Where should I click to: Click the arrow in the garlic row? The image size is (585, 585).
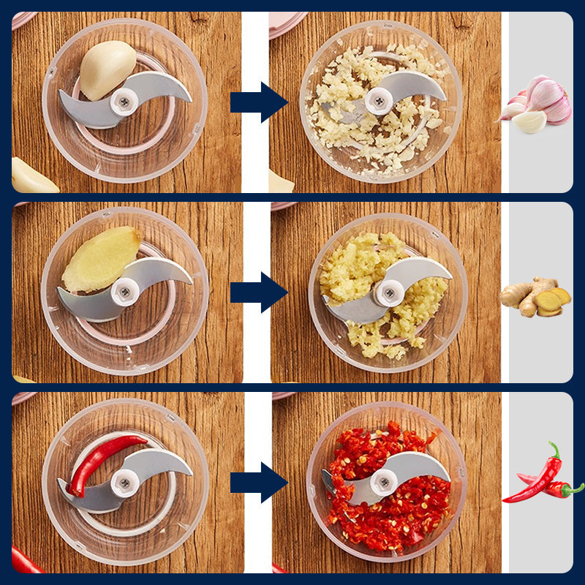pyautogui.click(x=257, y=102)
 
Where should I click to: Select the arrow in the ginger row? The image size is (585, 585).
pyautogui.click(x=257, y=292)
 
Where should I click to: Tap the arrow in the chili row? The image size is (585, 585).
pyautogui.click(x=257, y=483)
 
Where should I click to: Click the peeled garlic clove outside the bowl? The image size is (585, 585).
pyautogui.click(x=31, y=178)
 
